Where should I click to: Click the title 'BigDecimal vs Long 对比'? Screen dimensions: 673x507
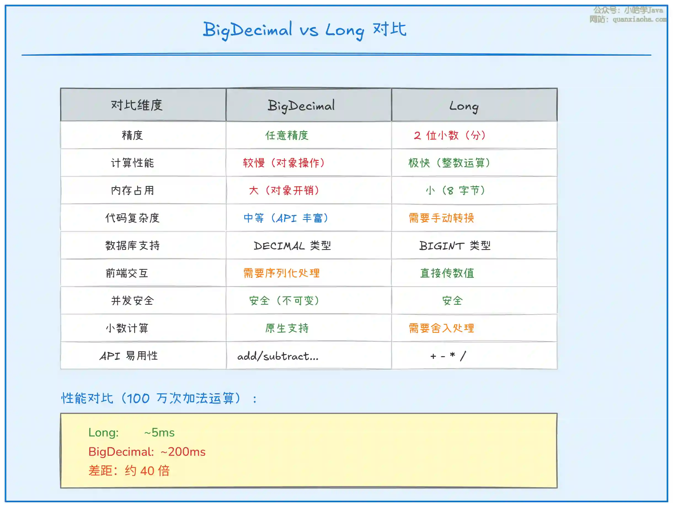305,30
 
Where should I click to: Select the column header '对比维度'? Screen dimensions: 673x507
137,105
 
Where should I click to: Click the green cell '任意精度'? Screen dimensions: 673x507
287,135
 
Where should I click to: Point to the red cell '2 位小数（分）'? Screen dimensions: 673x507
450,135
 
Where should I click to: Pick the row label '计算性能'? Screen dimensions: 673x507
132,163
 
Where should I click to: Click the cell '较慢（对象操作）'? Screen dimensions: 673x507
284,163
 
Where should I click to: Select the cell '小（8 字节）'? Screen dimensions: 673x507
455,191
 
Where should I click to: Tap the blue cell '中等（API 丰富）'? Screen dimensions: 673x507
286,218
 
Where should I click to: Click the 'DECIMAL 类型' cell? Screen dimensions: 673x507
292,246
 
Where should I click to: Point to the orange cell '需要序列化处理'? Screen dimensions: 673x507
281,273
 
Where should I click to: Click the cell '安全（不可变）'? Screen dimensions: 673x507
284,301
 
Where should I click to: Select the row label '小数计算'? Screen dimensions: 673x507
127,328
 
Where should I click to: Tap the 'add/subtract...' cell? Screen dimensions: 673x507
278,356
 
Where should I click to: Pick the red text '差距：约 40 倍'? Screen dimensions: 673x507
129,471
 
